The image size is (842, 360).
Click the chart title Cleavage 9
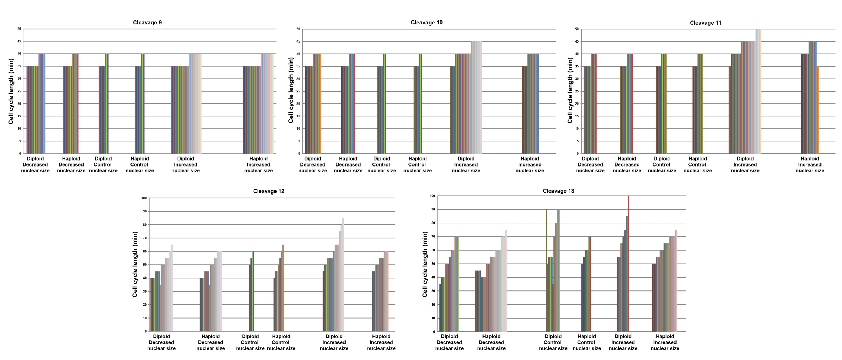tap(147, 23)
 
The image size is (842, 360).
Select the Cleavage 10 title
tap(426, 23)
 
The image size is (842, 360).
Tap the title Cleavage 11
tap(705, 23)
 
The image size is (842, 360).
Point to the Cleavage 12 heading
tap(268, 191)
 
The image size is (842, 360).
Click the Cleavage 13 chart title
tap(558, 191)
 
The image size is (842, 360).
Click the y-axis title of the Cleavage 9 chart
tap(11, 92)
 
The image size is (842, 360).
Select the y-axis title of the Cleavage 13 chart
tap(425, 264)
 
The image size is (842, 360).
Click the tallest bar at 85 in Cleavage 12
tap(343, 274)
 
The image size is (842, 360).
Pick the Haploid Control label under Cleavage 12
tap(281, 342)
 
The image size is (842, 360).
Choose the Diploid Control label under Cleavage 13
tap(553, 342)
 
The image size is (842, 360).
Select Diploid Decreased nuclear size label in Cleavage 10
tap(313, 165)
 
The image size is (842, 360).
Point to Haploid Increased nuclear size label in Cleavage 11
tap(809, 165)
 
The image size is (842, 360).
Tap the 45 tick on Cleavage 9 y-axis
tap(20, 41)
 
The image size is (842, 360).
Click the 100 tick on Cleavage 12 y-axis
tap(144, 198)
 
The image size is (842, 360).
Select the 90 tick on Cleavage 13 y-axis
tap(433, 209)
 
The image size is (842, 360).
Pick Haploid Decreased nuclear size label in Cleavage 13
tap(491, 342)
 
